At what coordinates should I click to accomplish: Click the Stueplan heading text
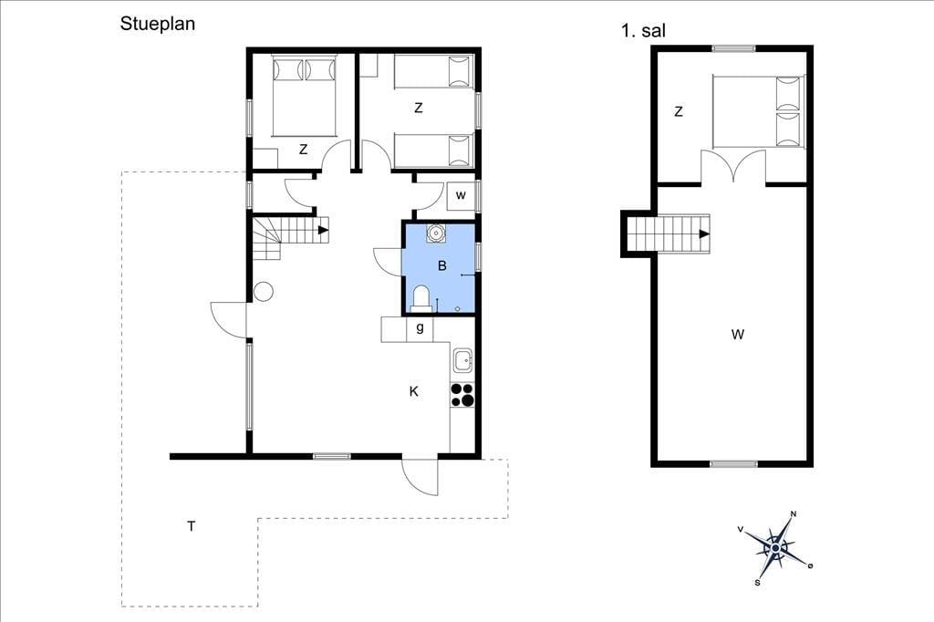pyautogui.click(x=157, y=24)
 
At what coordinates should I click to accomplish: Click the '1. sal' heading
pyautogui.click(x=643, y=30)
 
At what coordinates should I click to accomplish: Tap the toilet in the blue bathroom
pyautogui.click(x=421, y=298)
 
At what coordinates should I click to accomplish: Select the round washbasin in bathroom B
pyautogui.click(x=437, y=233)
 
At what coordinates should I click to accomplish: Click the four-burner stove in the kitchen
pyautogui.click(x=462, y=395)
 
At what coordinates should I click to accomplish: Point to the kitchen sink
pyautogui.click(x=462, y=360)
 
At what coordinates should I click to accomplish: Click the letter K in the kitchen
pyautogui.click(x=413, y=391)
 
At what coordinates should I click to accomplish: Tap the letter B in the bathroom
pyautogui.click(x=442, y=265)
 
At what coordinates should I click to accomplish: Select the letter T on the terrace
pyautogui.click(x=191, y=526)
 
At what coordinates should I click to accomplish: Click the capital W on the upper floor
pyautogui.click(x=737, y=335)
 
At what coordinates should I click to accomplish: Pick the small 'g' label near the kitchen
pyautogui.click(x=420, y=327)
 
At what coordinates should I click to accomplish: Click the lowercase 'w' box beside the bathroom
pyautogui.click(x=461, y=195)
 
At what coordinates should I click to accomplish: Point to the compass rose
pyautogui.click(x=775, y=547)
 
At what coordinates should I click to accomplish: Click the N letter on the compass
pyautogui.click(x=793, y=514)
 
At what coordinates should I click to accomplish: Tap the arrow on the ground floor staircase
pyautogui.click(x=324, y=230)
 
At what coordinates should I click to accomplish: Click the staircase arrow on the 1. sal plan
pyautogui.click(x=704, y=234)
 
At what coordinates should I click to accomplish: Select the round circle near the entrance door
pyautogui.click(x=264, y=292)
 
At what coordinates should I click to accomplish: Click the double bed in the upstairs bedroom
pyautogui.click(x=759, y=111)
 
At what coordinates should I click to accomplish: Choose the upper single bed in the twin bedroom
pyautogui.click(x=433, y=71)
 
